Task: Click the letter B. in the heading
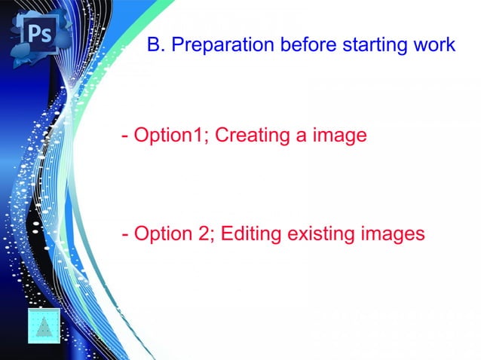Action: (156, 45)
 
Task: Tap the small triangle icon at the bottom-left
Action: (44, 326)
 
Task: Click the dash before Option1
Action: (124, 137)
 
